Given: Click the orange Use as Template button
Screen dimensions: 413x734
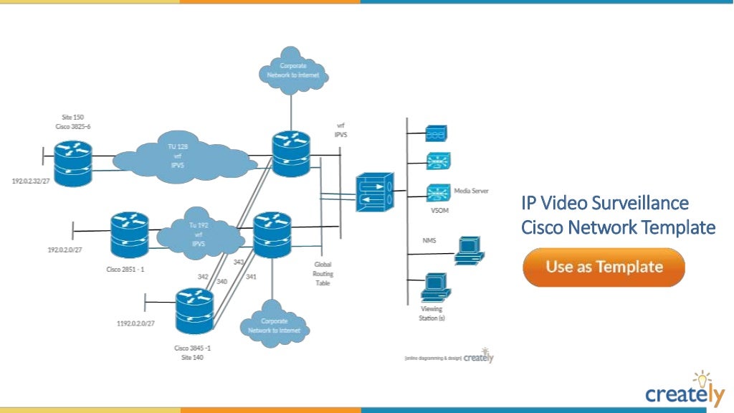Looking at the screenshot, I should [x=604, y=267].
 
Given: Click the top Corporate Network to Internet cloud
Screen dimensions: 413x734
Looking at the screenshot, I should [x=292, y=70].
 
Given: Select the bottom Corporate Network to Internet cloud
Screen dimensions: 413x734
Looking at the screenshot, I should [x=274, y=326].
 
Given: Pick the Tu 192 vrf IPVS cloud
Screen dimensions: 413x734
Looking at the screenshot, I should [x=197, y=234].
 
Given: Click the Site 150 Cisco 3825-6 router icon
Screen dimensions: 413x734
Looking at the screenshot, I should [x=74, y=163].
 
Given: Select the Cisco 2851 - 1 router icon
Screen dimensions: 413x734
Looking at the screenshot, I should [x=129, y=234].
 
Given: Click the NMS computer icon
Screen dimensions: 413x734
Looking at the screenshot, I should [x=470, y=249].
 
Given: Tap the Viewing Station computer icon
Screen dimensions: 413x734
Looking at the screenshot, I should [x=435, y=287].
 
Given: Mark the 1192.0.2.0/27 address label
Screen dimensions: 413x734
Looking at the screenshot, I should [x=135, y=323].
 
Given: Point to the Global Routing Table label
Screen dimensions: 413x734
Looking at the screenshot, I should [x=323, y=273].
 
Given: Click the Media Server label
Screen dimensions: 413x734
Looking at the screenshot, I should [x=471, y=191].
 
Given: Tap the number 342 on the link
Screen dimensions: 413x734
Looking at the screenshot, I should [x=204, y=276].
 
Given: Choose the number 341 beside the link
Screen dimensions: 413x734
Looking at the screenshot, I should [x=251, y=276].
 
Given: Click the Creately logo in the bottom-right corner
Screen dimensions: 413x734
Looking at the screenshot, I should [x=684, y=391].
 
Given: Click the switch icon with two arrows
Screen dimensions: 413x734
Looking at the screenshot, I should [x=374, y=191].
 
